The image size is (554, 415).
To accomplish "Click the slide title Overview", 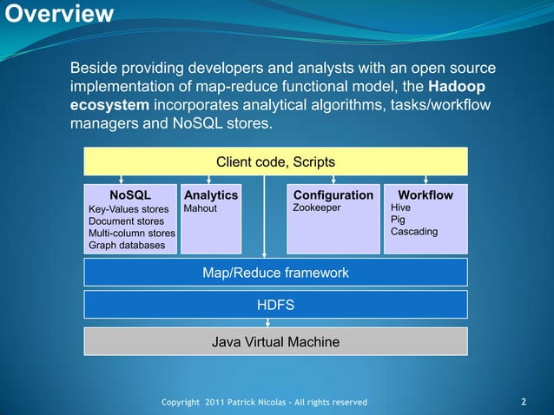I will [x=56, y=15].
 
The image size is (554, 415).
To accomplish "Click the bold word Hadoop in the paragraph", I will [x=457, y=87].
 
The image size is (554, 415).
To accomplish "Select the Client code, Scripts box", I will [x=275, y=162].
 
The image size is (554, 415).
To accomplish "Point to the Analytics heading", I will [x=211, y=195].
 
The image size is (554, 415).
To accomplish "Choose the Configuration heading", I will [x=333, y=195].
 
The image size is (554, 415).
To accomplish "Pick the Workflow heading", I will [x=425, y=195].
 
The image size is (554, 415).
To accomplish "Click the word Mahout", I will [x=201, y=209].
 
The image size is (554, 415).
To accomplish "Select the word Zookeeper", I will [x=317, y=209].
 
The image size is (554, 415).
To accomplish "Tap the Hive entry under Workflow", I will [x=401, y=209].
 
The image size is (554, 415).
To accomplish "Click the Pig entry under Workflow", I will [x=399, y=221].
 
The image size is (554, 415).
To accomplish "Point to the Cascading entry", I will [x=414, y=233].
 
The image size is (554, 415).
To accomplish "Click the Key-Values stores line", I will [x=129, y=210].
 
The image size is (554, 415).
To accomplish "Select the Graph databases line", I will [x=126, y=246].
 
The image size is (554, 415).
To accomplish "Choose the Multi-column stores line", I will [x=132, y=234].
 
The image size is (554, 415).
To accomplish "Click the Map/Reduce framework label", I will [x=275, y=273].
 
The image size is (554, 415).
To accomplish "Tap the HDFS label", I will [x=275, y=305].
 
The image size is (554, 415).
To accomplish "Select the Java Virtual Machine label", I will [x=275, y=342].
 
